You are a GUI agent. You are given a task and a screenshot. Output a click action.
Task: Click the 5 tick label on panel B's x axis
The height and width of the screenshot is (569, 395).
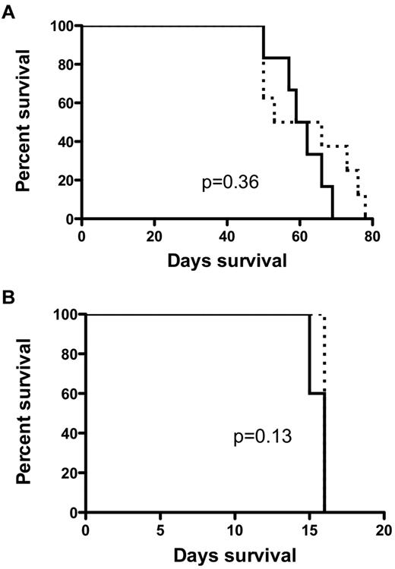click(160, 529)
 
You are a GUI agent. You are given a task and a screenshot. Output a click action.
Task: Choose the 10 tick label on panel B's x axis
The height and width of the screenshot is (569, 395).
click(235, 529)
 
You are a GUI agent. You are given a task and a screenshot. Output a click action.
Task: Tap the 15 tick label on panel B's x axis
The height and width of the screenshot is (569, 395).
click(309, 529)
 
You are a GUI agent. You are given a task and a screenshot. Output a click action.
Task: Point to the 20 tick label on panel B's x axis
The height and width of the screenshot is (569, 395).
click(384, 529)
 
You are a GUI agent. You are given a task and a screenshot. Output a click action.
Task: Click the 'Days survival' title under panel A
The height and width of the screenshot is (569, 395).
click(228, 261)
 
